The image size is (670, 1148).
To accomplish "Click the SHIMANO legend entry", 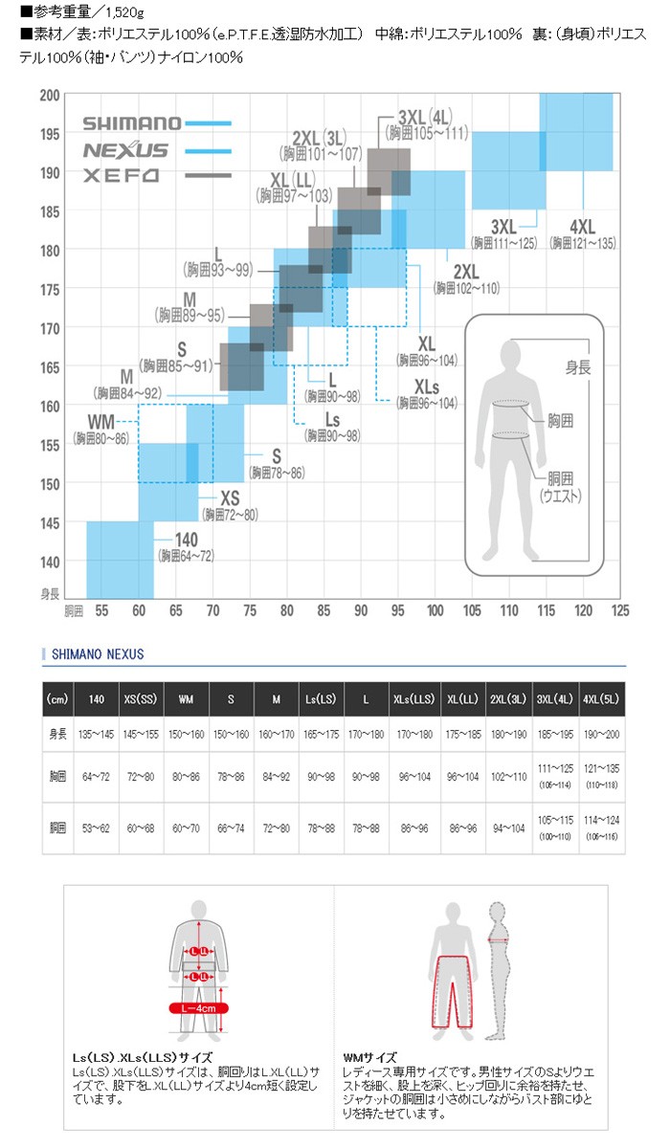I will [131, 122].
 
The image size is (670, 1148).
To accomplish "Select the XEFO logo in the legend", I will [120, 176].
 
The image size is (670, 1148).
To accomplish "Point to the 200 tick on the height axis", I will [50, 95].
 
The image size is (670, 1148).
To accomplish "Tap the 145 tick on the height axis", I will [50, 522].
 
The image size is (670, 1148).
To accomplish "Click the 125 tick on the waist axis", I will [619, 609].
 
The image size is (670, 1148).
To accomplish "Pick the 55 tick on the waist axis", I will [100, 609].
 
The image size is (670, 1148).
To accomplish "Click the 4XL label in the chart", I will [582, 227].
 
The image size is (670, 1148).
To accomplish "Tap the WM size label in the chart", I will [102, 422].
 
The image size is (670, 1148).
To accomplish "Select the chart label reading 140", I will [186, 541].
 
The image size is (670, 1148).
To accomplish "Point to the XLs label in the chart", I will [427, 386].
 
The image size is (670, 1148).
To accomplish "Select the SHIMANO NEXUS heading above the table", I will [96, 654].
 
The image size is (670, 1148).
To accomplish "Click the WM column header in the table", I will [185, 699].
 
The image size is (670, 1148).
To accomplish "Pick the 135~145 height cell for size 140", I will [96, 734].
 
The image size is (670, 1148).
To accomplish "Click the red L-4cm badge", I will [198, 1007].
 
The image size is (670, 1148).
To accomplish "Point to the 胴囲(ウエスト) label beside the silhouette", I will [562, 488].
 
